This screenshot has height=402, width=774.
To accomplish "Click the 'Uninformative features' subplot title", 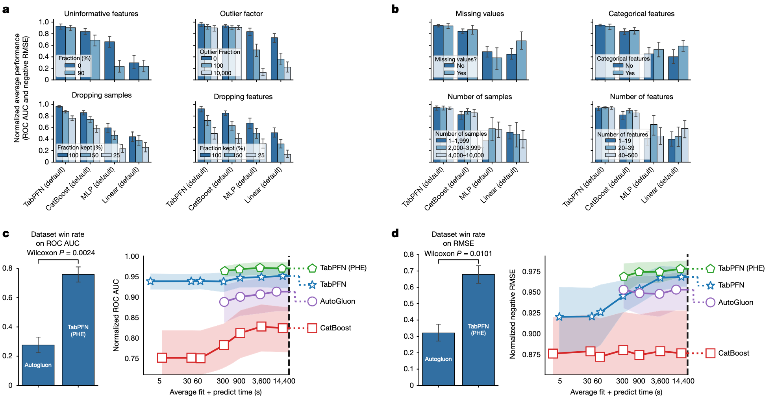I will point(101,14).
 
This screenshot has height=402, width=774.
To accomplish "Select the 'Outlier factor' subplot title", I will point(241,14).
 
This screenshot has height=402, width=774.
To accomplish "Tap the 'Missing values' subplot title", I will point(480,14).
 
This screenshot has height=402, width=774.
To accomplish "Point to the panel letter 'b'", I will point(395,9).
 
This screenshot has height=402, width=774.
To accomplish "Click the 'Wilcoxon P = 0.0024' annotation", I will point(61,253).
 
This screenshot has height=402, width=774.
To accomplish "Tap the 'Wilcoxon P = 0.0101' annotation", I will point(458,254).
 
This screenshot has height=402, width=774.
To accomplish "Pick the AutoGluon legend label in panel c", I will point(337,301).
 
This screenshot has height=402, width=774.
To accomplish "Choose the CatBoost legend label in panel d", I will point(733,353).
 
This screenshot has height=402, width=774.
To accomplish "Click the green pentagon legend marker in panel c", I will point(312,268).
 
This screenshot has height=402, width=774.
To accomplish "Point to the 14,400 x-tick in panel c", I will point(284,381).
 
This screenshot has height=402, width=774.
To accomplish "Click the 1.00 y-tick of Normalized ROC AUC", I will point(132,256).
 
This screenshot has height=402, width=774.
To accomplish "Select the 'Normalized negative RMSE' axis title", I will point(512,314).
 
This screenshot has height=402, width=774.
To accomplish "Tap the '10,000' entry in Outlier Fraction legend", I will point(222,73).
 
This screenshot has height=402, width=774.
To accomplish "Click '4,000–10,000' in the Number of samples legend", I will point(466,155).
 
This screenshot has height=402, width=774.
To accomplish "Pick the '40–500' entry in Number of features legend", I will point(628,155).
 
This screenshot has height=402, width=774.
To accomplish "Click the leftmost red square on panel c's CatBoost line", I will point(162,358).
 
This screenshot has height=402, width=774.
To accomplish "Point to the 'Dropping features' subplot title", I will point(243,97).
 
